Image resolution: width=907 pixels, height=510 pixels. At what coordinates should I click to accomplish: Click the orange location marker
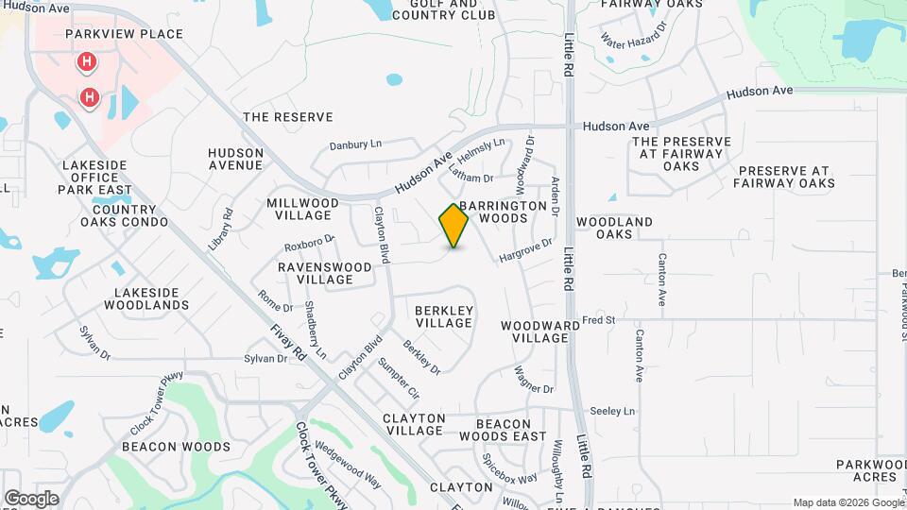point(453,226)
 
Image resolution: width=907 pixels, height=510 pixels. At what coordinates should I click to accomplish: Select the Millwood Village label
point(302,210)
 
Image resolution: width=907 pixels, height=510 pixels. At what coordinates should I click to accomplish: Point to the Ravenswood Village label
point(324,274)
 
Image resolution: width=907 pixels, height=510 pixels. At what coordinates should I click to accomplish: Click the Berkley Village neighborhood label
point(444,316)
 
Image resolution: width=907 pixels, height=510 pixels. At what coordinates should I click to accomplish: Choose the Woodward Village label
point(534,331)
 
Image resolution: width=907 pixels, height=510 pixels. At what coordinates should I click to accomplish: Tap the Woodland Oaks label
point(614,228)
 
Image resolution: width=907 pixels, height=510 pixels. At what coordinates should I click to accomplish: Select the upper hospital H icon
point(86,63)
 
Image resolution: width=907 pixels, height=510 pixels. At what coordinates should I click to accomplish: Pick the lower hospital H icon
point(90,96)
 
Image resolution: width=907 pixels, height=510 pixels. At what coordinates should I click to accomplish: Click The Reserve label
point(288,117)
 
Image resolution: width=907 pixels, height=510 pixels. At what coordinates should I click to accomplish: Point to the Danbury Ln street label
point(355,144)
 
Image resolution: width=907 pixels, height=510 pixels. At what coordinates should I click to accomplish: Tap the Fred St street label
point(598,320)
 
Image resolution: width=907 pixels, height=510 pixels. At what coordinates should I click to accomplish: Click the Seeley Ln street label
point(612,411)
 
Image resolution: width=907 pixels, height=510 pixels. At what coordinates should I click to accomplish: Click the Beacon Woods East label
point(503,430)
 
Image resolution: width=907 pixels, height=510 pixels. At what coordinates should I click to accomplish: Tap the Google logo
point(31,498)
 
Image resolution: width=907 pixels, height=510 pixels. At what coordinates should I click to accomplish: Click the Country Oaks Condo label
point(124,216)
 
